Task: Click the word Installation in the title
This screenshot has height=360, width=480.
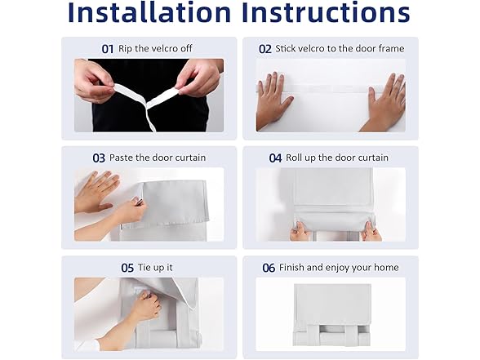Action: (x=149, y=12)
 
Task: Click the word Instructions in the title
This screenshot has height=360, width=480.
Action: (x=326, y=12)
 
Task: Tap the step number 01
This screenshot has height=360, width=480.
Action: (x=108, y=49)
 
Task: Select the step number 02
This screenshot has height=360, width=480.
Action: (x=265, y=49)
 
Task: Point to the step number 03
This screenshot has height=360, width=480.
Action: (x=99, y=158)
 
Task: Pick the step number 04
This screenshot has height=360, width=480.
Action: (x=275, y=158)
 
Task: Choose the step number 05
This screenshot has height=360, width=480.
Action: (x=127, y=268)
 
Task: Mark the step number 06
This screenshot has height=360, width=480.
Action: (x=269, y=268)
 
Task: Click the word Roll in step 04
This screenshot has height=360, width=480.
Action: (x=294, y=158)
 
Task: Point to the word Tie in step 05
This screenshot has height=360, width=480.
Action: (x=144, y=267)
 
